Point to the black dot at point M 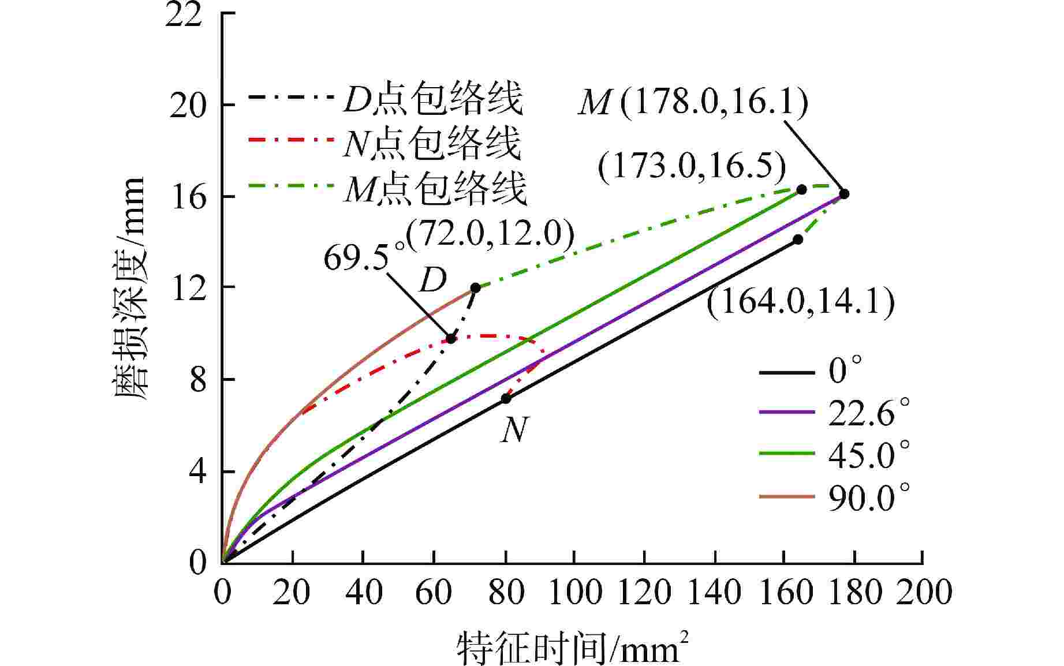coord(843,193)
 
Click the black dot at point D coord(475,287)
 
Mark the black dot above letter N coord(506,398)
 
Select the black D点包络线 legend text coord(433,99)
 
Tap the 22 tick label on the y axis coord(184,14)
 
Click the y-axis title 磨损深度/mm coord(129,288)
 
